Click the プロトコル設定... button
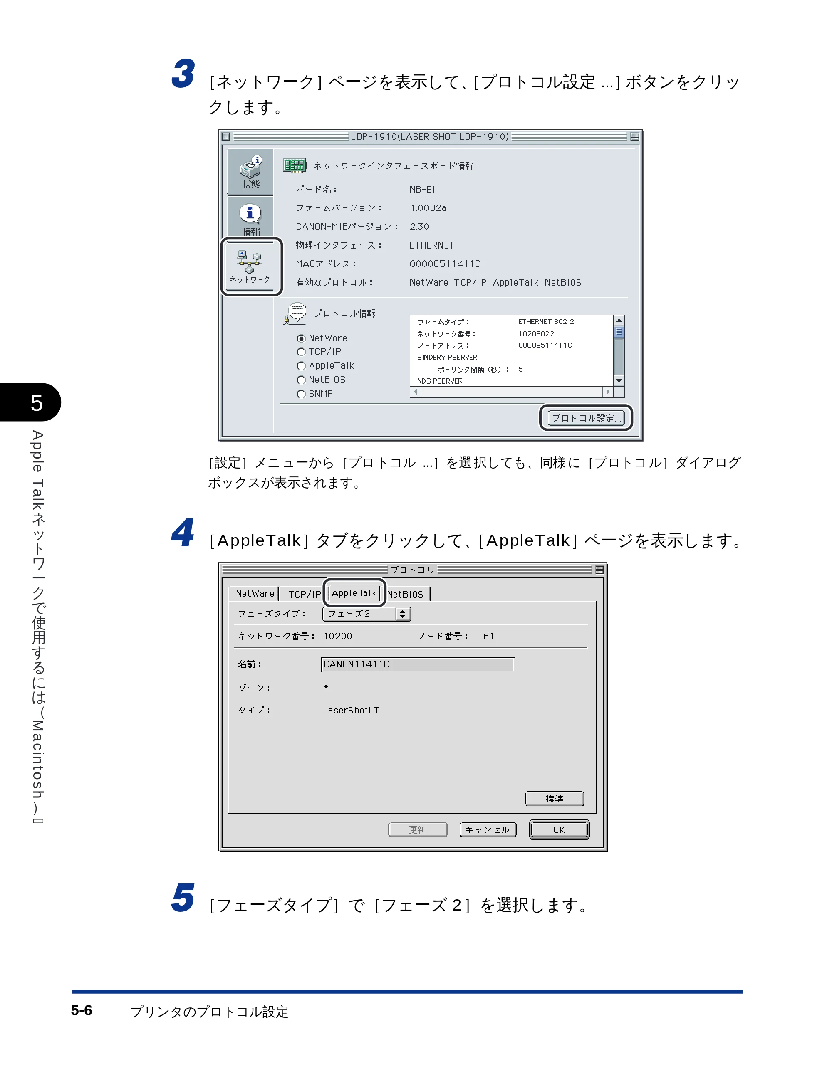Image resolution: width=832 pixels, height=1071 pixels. (586, 418)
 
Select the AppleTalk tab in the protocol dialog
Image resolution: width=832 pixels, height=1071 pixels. (354, 593)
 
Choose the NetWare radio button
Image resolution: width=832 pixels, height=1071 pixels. (301, 338)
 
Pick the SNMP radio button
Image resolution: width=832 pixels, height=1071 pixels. (301, 394)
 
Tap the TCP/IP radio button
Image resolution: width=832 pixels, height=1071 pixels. (301, 352)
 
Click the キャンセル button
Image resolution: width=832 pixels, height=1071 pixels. (488, 829)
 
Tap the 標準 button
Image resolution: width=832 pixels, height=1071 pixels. (555, 798)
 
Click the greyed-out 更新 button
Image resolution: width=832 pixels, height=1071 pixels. (418, 829)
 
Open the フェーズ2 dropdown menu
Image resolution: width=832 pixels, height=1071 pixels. (366, 614)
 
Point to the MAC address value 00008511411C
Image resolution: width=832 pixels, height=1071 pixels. (445, 264)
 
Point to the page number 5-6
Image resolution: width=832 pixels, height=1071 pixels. (82, 1010)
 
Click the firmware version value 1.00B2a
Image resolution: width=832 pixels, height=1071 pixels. (428, 208)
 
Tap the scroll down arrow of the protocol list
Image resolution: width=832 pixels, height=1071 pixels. (619, 380)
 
